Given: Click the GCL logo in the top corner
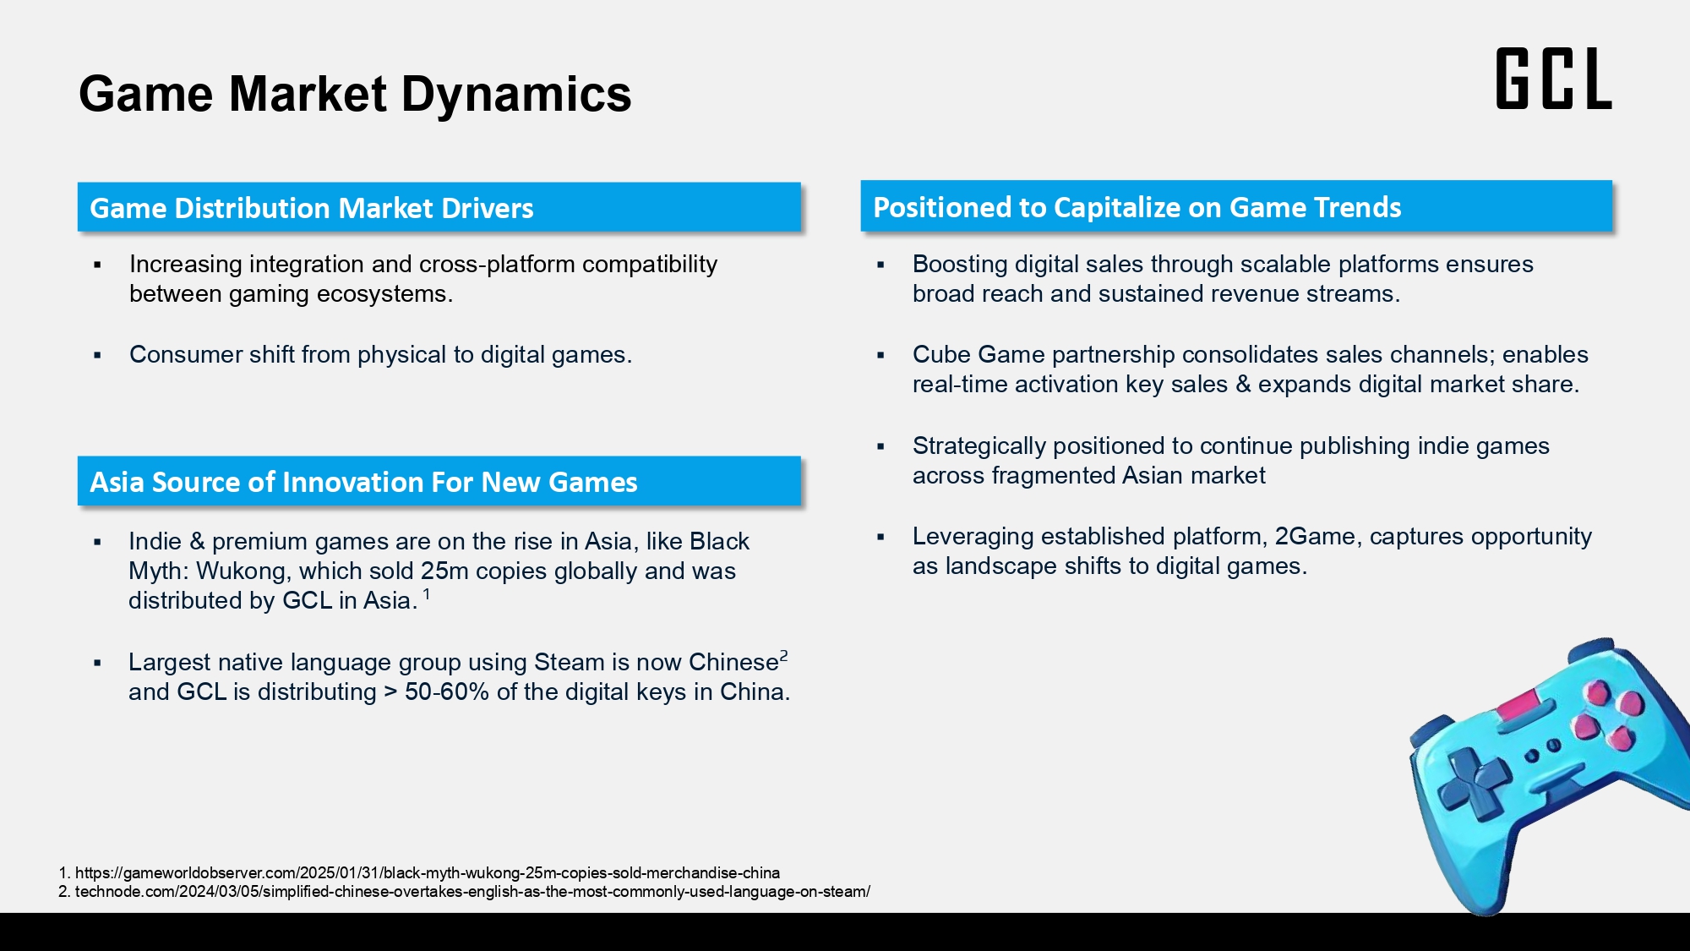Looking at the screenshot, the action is click(x=1554, y=79).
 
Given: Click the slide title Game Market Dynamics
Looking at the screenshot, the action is click(x=355, y=94).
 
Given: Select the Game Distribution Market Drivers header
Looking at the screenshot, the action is click(x=439, y=207).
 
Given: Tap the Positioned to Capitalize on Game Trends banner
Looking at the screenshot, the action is click(x=1236, y=206).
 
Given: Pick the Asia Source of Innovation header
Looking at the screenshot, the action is click(x=439, y=481).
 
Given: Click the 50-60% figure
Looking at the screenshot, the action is click(x=447, y=691).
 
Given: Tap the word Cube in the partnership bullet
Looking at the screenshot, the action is click(x=940, y=354).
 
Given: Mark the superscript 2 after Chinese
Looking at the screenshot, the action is click(x=784, y=655).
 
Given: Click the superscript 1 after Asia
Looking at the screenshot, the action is click(x=427, y=594).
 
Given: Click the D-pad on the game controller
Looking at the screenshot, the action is click(x=1474, y=783).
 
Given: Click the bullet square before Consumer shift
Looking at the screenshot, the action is click(x=97, y=356).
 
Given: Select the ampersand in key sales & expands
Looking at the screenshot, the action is click(x=1243, y=385).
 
